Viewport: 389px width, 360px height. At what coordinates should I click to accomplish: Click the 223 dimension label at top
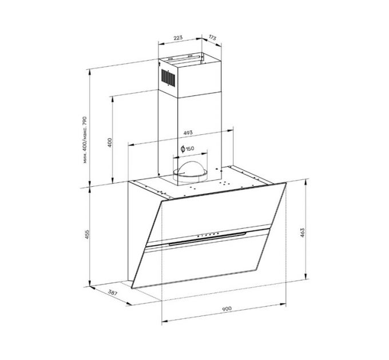tap(177, 38)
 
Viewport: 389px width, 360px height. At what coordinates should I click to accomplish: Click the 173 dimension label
tap(212, 38)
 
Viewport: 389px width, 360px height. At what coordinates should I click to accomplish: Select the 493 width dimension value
tap(187, 133)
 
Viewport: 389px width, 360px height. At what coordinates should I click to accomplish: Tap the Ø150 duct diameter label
tap(187, 149)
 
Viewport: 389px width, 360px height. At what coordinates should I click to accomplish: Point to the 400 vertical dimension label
tap(109, 142)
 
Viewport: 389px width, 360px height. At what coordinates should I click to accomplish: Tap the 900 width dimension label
tap(226, 309)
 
